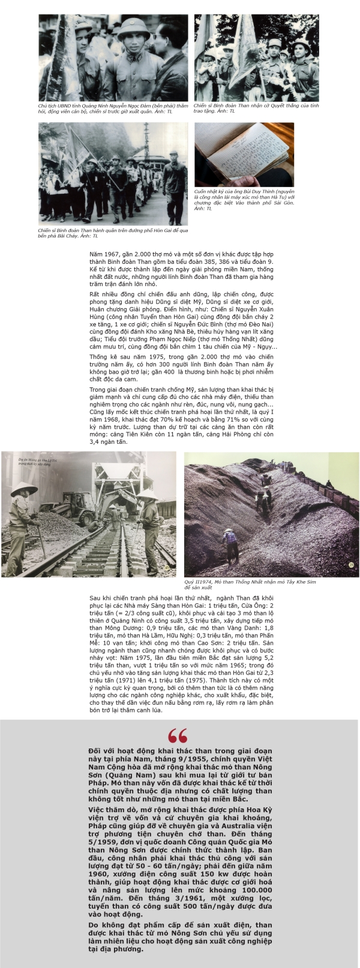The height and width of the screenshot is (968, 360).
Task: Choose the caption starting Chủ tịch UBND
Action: click(108, 108)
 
